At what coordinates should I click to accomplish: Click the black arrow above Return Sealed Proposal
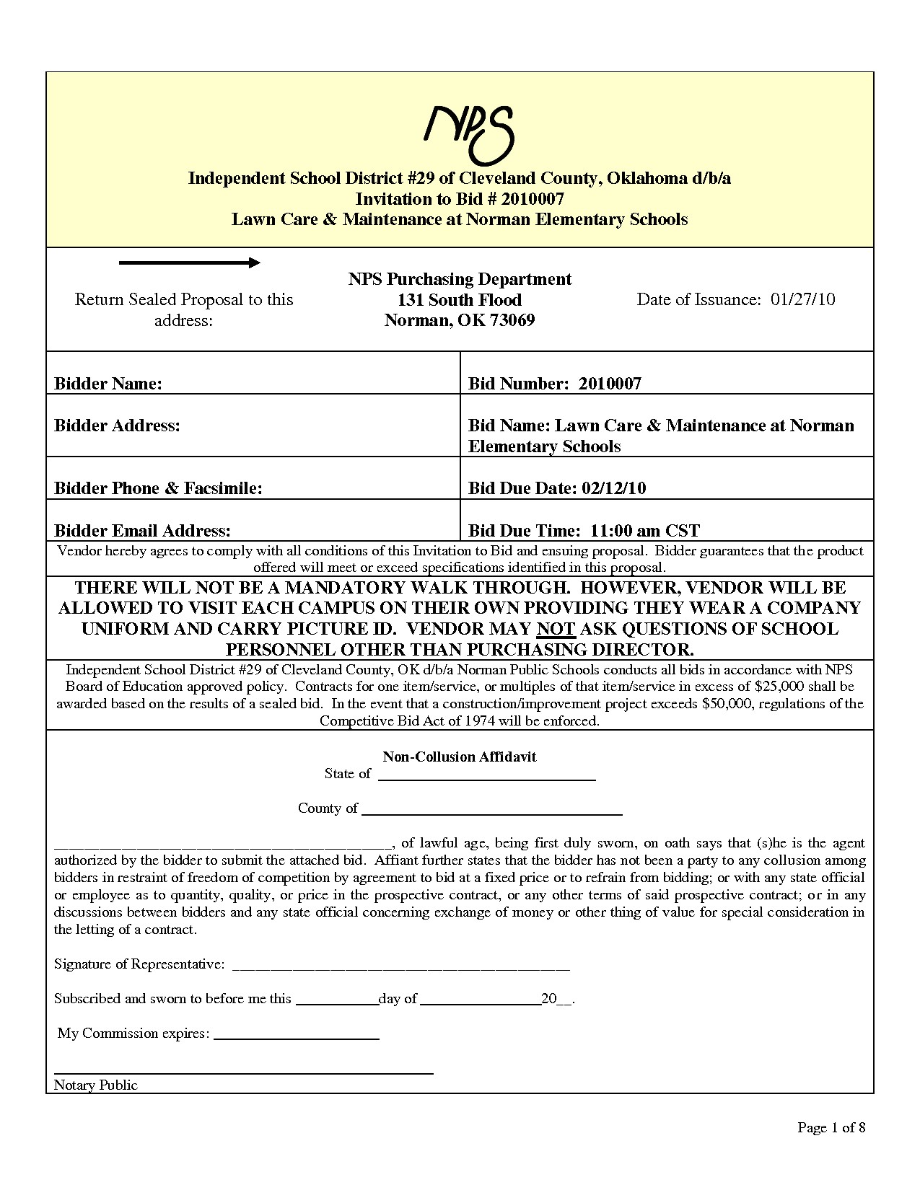tap(189, 263)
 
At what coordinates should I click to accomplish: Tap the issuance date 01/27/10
tap(802, 300)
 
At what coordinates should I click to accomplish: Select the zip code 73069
tap(512, 321)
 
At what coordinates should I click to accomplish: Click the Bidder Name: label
tap(108, 384)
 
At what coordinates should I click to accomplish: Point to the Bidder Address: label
tap(117, 426)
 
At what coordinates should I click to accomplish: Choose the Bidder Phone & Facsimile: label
tap(158, 488)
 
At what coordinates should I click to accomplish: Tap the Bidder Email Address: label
tap(143, 532)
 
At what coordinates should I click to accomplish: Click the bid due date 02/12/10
tap(613, 488)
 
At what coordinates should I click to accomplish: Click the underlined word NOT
tap(555, 629)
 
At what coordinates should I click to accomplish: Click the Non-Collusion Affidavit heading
tap(460, 757)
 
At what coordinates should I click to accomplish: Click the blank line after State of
tap(487, 779)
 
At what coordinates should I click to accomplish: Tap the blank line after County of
tap(491, 813)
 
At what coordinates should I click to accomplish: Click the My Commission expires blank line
tap(297, 1038)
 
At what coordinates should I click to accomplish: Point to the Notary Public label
tap(96, 1085)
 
